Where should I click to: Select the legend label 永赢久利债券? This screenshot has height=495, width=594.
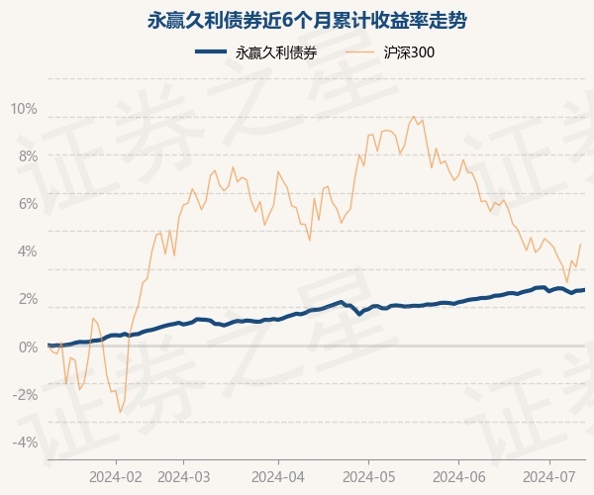pyautogui.click(x=276, y=52)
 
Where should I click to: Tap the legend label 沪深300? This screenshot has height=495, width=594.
pyautogui.click(x=409, y=52)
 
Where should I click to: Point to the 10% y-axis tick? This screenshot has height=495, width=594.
pyautogui.click(x=24, y=108)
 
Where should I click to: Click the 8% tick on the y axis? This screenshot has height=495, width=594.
pyautogui.click(x=27, y=156)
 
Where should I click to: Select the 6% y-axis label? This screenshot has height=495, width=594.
pyautogui.click(x=27, y=204)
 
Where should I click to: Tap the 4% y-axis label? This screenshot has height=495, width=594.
pyautogui.click(x=27, y=251)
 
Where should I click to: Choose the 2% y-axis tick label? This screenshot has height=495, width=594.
pyautogui.click(x=27, y=299)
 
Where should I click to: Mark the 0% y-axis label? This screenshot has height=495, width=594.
pyautogui.click(x=27, y=346)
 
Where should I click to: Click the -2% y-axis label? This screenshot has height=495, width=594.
pyautogui.click(x=25, y=394)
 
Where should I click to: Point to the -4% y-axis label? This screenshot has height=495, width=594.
pyautogui.click(x=25, y=442)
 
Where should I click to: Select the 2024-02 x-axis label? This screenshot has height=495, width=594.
pyautogui.click(x=116, y=475)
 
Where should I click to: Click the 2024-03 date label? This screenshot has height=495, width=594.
pyautogui.click(x=183, y=475)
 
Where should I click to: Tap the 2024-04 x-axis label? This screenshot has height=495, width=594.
pyautogui.click(x=277, y=475)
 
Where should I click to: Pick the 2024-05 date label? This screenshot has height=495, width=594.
pyautogui.click(x=368, y=475)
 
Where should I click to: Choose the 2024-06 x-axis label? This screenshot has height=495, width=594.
pyautogui.click(x=459, y=475)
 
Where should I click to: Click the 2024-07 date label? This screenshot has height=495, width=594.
pyautogui.click(x=549, y=475)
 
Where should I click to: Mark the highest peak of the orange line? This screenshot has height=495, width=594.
pyautogui.click(x=413, y=117)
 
